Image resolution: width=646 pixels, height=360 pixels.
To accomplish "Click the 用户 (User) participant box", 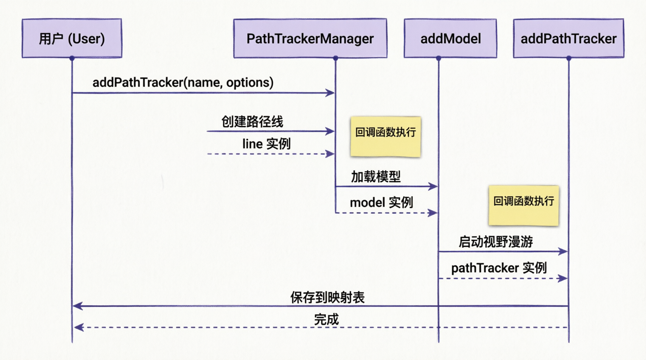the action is (x=72, y=38).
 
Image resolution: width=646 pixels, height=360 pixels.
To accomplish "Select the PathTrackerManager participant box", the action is (x=310, y=38).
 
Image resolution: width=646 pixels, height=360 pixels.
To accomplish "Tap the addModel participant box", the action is (x=450, y=38).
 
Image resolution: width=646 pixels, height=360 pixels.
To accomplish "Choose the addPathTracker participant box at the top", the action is (x=569, y=38).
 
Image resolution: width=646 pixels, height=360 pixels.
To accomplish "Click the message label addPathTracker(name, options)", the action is (x=183, y=83).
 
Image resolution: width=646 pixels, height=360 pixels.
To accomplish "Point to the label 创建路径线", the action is (x=252, y=122).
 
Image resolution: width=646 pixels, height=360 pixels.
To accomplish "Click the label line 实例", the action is (x=266, y=144).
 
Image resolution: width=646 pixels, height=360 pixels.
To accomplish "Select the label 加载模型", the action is (x=376, y=177).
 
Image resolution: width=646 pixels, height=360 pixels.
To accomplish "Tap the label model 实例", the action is (x=382, y=202).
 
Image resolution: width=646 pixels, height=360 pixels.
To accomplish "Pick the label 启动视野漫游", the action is (x=496, y=242).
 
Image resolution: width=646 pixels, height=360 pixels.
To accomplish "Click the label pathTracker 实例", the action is (x=499, y=268).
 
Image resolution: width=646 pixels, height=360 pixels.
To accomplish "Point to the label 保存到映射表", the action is (x=328, y=298).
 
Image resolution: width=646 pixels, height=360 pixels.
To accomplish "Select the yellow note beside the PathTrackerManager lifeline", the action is (x=386, y=137).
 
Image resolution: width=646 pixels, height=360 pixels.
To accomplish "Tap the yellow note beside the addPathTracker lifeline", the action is (x=524, y=206).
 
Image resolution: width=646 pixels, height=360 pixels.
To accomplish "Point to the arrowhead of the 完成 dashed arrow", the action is (x=79, y=327).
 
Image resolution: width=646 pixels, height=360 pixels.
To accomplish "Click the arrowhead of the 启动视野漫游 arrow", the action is (x=563, y=251).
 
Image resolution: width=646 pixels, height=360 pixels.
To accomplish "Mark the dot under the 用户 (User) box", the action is (x=72, y=58).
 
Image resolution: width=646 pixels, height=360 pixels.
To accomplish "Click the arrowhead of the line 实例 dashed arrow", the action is (x=330, y=154).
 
